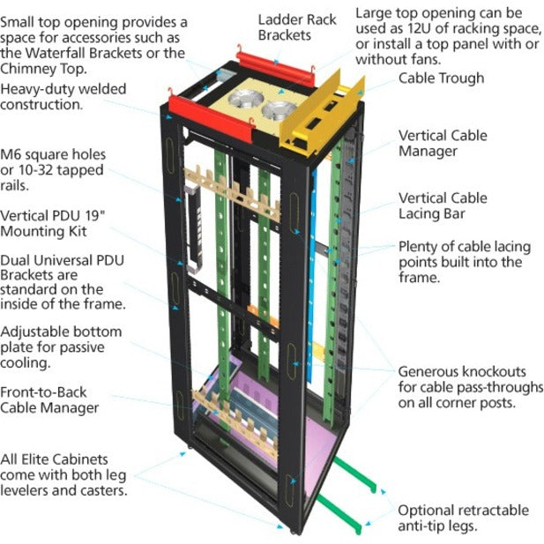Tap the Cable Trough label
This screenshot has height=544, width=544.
click(x=441, y=78)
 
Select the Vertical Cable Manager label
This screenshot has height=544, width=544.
click(x=442, y=144)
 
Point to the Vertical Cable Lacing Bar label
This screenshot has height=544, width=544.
click(x=442, y=205)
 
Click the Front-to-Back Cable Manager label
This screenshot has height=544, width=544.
click(x=49, y=399)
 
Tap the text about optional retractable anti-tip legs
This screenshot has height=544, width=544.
click(x=462, y=518)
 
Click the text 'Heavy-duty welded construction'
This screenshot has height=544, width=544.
click(x=63, y=96)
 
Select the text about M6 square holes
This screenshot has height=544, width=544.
click(x=53, y=168)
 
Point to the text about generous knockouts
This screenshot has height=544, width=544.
click(x=470, y=387)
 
